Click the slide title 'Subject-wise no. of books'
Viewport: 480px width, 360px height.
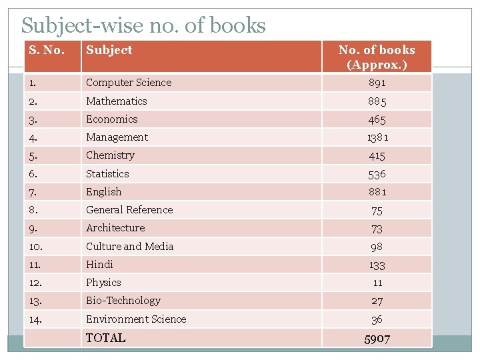point(143,25)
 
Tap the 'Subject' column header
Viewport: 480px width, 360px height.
point(109,50)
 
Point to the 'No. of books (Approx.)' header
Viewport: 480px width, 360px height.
point(377,57)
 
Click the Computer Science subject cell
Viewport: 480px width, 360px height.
point(129,83)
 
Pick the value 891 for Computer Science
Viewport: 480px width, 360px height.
point(377,83)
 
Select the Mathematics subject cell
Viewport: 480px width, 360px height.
point(116,101)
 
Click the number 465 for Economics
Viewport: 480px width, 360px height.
point(377,120)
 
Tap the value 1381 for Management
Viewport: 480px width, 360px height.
point(377,138)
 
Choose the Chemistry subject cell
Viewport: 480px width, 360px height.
point(110,155)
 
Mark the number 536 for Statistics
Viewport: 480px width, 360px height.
point(377,174)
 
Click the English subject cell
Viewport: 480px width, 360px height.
point(103,192)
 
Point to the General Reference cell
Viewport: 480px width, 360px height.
point(129,210)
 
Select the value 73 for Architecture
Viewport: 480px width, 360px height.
point(377,229)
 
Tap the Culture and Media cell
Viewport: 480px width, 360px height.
point(129,247)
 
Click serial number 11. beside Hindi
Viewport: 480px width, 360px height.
point(38,265)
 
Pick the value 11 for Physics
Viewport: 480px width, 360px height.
point(377,283)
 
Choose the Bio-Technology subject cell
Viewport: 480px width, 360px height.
point(123,301)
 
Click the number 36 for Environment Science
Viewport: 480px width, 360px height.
point(377,319)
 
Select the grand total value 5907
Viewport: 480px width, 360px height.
point(377,339)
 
